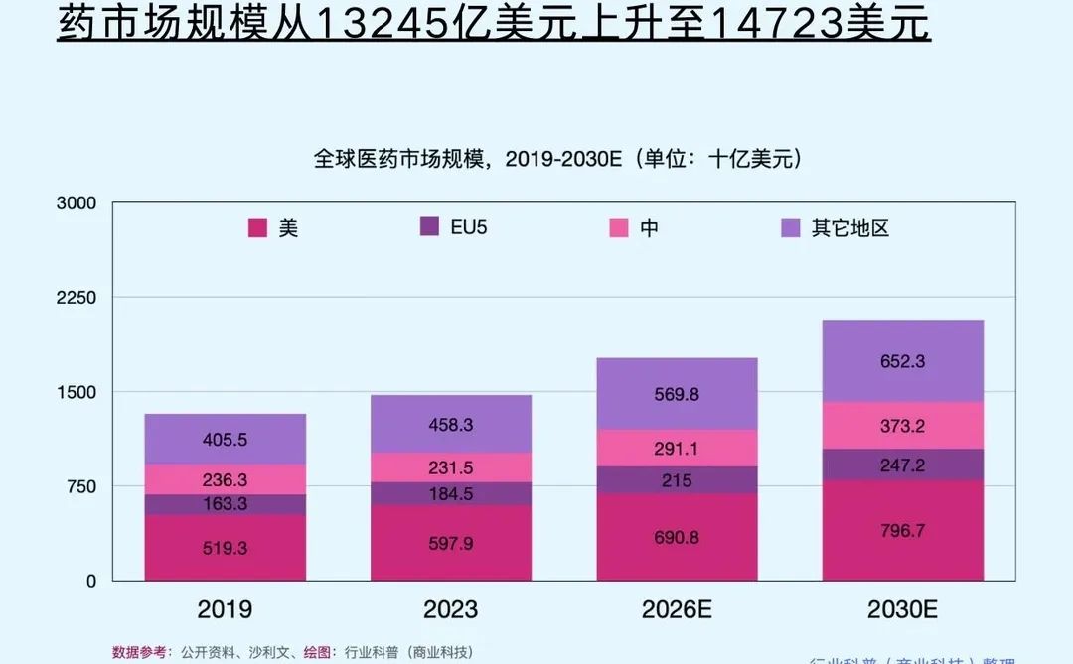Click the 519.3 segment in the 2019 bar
pyautogui.click(x=226, y=547)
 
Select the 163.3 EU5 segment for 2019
pyautogui.click(x=226, y=504)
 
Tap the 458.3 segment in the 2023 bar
pyautogui.click(x=451, y=424)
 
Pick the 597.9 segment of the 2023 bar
pyautogui.click(x=451, y=543)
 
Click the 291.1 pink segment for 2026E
pyautogui.click(x=677, y=448)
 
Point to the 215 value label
pyautogui.click(x=677, y=479)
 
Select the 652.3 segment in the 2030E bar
pyautogui.click(x=902, y=361)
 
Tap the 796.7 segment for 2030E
pyautogui.click(x=902, y=531)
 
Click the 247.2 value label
pyautogui.click(x=902, y=465)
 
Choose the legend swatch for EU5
pyautogui.click(x=430, y=227)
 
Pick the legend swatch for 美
pyautogui.click(x=257, y=228)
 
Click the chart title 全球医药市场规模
pyautogui.click(x=397, y=159)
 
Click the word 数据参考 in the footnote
pyautogui.click(x=140, y=652)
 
